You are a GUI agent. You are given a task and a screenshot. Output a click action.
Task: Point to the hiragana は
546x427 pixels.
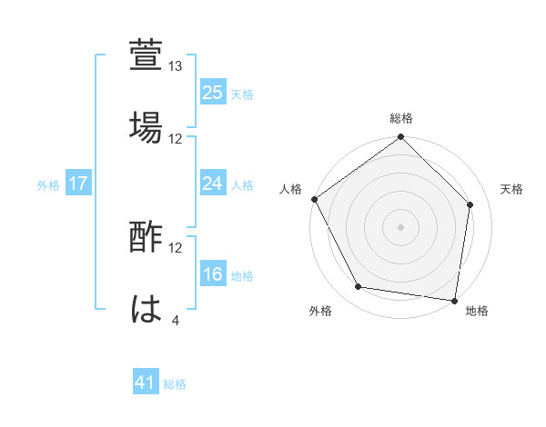coord(147,308)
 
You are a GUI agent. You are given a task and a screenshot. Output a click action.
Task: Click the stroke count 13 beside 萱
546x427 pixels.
coord(176,66)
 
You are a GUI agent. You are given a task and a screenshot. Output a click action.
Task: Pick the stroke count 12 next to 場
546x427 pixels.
coord(176,139)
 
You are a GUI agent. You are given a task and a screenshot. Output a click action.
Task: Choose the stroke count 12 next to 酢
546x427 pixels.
coord(176,248)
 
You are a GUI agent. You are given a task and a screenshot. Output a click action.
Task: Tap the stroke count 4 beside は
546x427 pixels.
coord(175,321)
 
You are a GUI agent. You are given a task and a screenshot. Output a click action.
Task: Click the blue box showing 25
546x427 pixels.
coord(213,93)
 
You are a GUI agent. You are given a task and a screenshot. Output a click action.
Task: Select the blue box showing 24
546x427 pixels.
coord(213,184)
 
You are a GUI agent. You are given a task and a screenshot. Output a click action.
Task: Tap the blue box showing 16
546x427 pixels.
coord(213,274)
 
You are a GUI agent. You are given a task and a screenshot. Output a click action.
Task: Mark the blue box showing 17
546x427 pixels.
coord(78,184)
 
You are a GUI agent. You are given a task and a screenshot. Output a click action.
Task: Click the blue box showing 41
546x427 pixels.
coord(146,383)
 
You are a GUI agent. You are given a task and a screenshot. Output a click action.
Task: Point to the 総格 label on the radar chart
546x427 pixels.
coord(401,118)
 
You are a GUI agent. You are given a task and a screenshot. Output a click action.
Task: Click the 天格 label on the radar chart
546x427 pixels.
coord(512,189)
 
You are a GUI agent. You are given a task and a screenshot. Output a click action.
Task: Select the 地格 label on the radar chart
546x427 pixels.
coord(476,312)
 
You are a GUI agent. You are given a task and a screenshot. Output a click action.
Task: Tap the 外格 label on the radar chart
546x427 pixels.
coord(320,312)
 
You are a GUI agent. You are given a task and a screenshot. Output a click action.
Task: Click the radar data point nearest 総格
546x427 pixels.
coord(401,137)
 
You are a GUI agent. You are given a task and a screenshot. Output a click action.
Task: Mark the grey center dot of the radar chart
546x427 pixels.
coord(401,226)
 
